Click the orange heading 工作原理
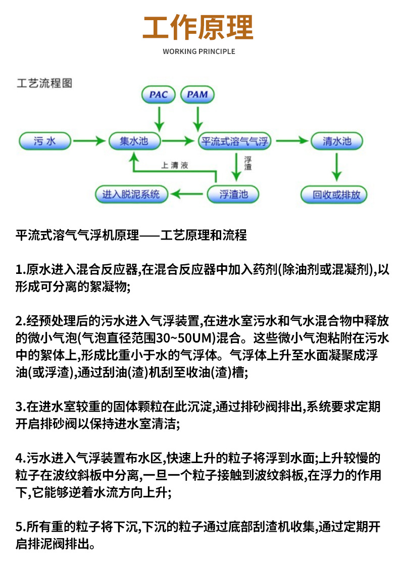(198, 28)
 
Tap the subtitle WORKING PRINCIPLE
(199, 51)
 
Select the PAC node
(159, 94)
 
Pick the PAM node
(197, 94)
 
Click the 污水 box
(44, 141)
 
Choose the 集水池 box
(134, 141)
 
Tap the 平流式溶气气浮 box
(234, 141)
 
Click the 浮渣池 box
(233, 194)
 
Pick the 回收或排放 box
(336, 194)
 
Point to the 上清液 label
(175, 165)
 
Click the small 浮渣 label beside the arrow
(247, 162)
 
